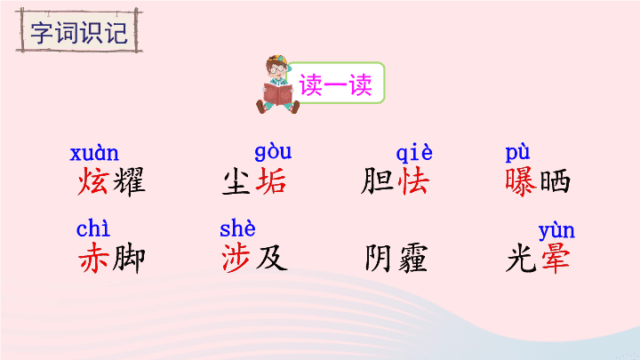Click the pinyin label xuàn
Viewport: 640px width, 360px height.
[94, 154]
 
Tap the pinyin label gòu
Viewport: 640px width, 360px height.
[273, 152]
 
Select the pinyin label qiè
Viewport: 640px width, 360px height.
[414, 153]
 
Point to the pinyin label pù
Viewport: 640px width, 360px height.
[517, 153]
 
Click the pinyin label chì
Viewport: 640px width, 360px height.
[93, 228]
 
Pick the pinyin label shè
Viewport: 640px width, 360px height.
[237, 228]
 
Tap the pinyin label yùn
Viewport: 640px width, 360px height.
[556, 231]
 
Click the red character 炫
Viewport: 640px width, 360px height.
[93, 180]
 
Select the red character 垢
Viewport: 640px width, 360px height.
[270, 180]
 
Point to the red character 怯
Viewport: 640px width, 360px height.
[413, 180]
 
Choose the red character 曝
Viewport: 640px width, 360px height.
[520, 181]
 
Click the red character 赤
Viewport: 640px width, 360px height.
[93, 258]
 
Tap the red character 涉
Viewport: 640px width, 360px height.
[236, 258]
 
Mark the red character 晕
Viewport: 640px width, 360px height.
[556, 258]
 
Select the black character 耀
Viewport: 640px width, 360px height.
[129, 181]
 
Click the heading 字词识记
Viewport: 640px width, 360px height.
[79, 32]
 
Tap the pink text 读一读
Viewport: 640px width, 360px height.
[335, 84]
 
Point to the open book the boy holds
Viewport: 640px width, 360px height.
[278, 93]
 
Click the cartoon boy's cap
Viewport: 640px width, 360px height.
[278, 61]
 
